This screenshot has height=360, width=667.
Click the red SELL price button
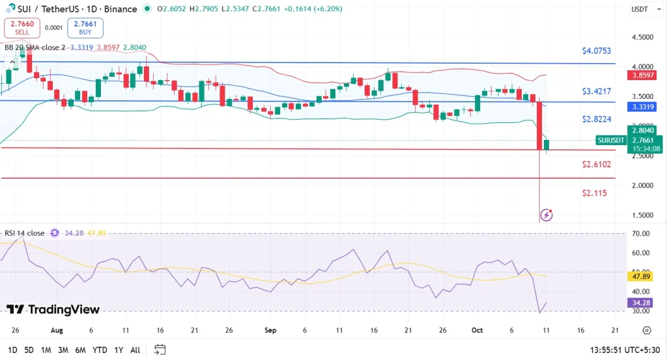[22, 27]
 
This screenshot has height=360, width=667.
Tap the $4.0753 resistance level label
[597, 51]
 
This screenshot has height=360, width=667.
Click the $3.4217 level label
[597, 91]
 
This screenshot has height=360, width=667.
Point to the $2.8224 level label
[597, 119]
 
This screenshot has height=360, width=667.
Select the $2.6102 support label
[597, 165]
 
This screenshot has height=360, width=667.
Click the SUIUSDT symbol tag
[611, 140]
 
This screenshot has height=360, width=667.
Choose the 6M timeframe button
[80, 350]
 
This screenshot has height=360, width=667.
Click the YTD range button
[100, 350]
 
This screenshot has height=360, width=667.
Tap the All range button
[135, 350]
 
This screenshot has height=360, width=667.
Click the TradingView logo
[53, 310]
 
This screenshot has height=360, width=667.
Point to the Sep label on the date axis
[270, 330]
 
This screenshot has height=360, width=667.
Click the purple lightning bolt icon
[546, 214]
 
